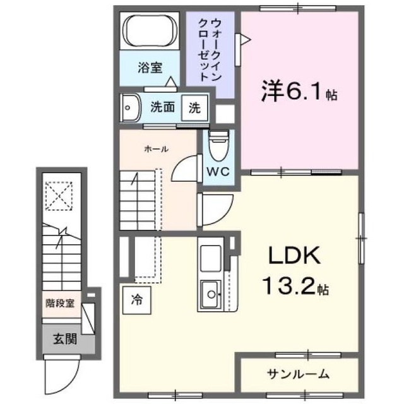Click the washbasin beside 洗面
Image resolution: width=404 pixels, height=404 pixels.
131,107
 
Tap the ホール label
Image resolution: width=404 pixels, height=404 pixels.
156,149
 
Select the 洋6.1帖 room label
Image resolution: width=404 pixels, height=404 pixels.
299,94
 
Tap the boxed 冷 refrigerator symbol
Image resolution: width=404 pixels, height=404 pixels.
136,299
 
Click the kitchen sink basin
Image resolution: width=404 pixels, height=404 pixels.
210,291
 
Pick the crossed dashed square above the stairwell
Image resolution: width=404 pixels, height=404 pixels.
61,196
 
